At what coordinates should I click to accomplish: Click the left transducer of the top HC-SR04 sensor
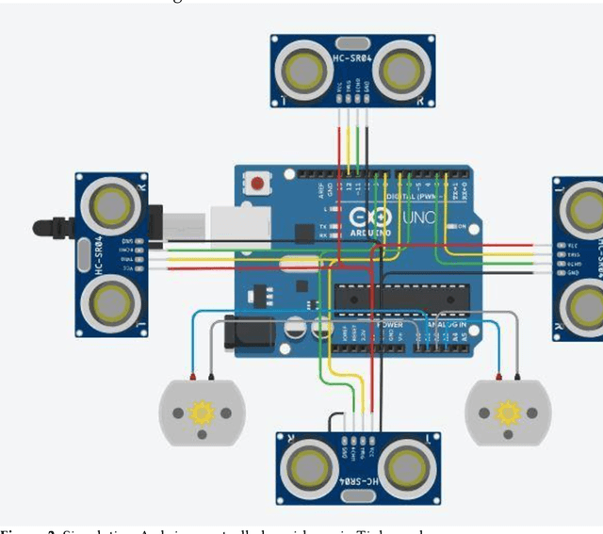click(x=305, y=68)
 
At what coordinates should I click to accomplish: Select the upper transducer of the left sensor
click(x=111, y=203)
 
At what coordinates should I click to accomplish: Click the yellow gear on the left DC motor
click(x=200, y=413)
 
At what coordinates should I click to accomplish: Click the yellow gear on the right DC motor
click(x=508, y=412)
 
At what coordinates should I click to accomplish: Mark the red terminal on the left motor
click(x=192, y=379)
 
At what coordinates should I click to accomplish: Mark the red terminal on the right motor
click(x=516, y=379)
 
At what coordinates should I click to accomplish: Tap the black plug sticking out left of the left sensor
click(x=53, y=227)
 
